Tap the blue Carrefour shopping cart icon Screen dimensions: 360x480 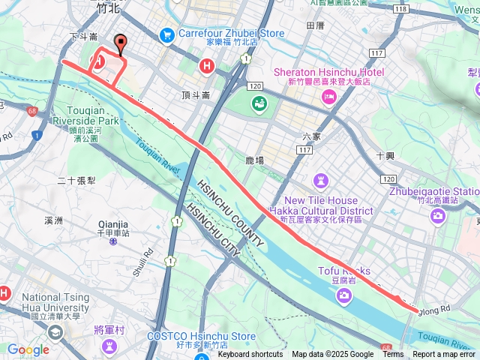tap(166, 34)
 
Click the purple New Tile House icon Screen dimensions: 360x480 tap(321, 181)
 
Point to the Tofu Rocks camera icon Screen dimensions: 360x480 tap(344, 298)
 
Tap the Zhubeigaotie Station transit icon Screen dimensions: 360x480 tap(437, 216)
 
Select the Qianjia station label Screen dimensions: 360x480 tap(113, 223)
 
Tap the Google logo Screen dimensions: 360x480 tap(28, 349)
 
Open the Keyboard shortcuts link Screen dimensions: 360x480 tap(250, 355)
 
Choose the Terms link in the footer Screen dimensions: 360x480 tap(393, 355)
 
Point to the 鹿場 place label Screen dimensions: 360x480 tap(255, 160)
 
